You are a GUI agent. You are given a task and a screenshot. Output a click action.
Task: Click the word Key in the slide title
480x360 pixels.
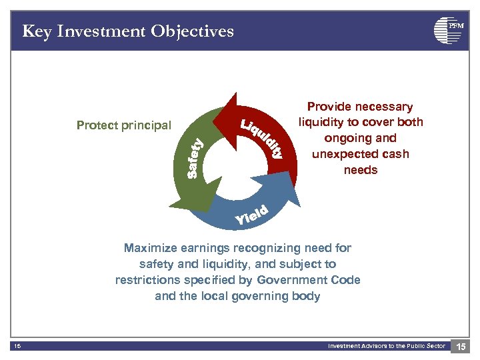click(x=37, y=31)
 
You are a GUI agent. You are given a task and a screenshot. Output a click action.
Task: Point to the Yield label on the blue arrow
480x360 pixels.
click(x=252, y=215)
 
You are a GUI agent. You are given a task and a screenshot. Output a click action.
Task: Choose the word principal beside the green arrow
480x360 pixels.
click(x=147, y=125)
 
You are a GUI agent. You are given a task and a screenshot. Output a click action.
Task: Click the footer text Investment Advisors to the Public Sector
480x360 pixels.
click(x=387, y=345)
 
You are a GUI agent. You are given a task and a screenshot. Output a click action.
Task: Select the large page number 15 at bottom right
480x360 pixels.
click(x=460, y=346)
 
